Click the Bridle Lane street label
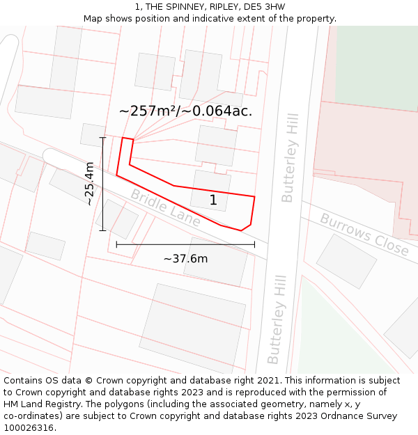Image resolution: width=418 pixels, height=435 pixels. (165, 208)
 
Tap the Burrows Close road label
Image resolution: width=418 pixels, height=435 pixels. (364, 234)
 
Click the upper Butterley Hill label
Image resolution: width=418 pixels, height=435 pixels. (290, 158)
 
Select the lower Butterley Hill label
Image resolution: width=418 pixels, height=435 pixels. (277, 319)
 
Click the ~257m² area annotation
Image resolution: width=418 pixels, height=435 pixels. (185, 111)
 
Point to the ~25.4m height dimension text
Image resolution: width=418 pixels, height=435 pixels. (89, 183)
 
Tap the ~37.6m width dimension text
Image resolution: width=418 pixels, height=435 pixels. (185, 259)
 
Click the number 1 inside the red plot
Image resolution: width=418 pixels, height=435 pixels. (213, 200)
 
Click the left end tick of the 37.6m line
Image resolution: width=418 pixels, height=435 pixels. (116, 244)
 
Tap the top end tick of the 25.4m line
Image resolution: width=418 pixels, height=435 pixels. (102, 138)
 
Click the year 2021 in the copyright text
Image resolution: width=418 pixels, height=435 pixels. (267, 381)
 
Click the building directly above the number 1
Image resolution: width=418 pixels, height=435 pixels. (217, 145)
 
